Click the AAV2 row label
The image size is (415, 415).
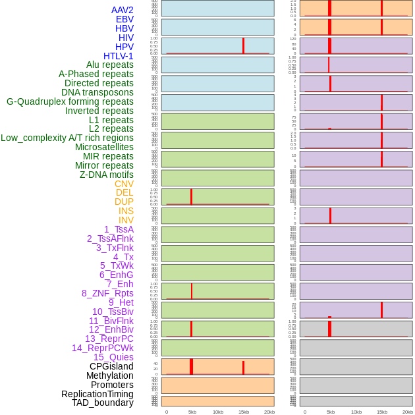(122, 10)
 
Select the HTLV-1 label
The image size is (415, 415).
(118, 56)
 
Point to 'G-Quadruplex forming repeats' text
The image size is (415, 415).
(70, 101)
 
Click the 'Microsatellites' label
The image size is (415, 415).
(104, 147)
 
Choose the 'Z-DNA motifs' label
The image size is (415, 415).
(106, 175)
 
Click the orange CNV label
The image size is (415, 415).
(124, 184)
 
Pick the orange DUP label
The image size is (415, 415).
(124, 202)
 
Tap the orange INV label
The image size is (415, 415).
(126, 220)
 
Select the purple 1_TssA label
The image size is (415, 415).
(119, 229)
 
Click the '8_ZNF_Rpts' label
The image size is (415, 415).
(107, 293)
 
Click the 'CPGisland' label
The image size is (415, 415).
(111, 366)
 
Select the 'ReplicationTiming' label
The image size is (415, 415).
(97, 394)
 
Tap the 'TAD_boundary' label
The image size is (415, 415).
(102, 402)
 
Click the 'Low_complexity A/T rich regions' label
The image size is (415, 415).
(67, 138)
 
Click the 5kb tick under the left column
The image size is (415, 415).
(192, 412)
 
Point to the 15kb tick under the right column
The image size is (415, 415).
(382, 412)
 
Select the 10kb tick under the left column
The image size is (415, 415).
(218, 412)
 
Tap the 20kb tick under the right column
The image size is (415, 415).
(408, 412)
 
